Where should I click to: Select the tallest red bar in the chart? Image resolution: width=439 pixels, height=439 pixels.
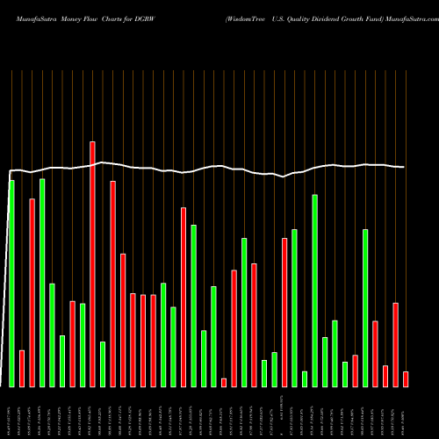click(92, 263)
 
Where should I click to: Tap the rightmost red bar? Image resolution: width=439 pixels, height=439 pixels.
click(406, 378)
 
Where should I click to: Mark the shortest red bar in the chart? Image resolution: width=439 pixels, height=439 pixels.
click(224, 382)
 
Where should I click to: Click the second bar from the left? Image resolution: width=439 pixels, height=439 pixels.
click(22, 368)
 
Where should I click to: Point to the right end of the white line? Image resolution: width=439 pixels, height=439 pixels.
click(404, 167)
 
